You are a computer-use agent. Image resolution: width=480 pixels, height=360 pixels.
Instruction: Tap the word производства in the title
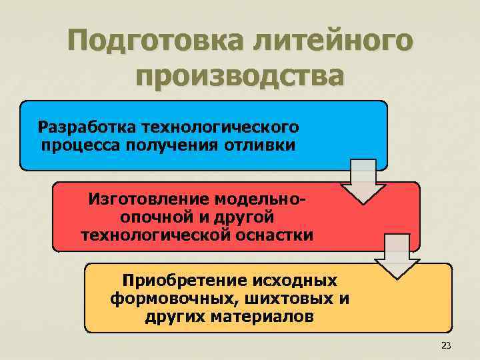240,77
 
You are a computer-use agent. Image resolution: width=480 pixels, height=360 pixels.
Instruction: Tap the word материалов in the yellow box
262,315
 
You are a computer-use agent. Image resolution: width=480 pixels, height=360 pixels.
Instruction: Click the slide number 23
446,345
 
